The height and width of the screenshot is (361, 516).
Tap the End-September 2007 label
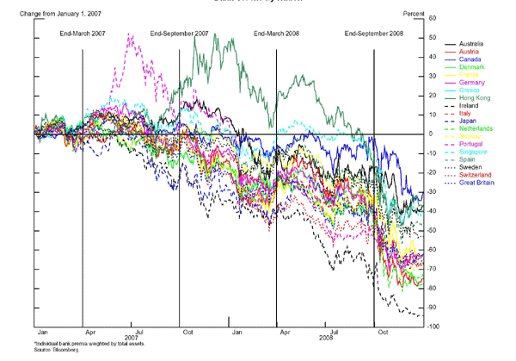(180, 33)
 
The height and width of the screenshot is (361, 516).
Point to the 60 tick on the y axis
(432, 18)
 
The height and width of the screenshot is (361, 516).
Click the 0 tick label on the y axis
(432, 134)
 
